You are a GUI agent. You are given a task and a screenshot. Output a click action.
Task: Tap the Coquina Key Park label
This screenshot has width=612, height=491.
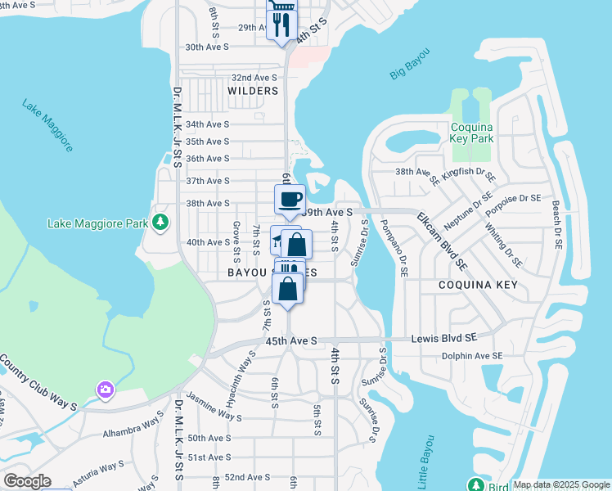[x=484, y=133]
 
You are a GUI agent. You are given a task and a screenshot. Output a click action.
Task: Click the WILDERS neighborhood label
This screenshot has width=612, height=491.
[x=253, y=91]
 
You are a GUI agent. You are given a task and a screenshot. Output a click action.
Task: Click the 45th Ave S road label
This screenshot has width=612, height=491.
[x=290, y=340]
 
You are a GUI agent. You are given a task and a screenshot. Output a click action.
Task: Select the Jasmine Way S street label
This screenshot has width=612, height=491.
[x=214, y=406]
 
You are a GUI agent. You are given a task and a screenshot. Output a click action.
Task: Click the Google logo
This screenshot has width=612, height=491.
[x=27, y=481]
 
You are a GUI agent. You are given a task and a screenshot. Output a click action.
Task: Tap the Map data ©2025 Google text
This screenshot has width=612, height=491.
[x=560, y=484]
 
